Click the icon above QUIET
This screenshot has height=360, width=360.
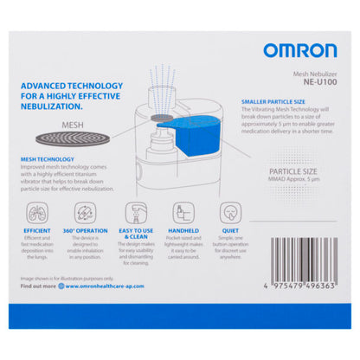tap(229, 213)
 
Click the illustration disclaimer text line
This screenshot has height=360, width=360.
tap(74, 278)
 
